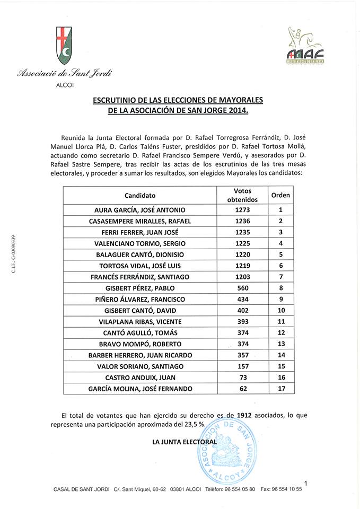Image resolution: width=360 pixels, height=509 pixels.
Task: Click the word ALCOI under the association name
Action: (65, 84)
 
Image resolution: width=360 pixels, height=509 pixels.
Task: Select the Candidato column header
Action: (140, 195)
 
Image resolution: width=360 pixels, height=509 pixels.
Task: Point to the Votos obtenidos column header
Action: (242, 195)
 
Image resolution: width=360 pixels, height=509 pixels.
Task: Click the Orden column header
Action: (280, 195)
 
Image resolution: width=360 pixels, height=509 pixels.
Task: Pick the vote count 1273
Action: (242, 210)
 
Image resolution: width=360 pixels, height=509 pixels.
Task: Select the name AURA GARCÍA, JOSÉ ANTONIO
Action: (140, 210)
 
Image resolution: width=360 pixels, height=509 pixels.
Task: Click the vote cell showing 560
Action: (242, 288)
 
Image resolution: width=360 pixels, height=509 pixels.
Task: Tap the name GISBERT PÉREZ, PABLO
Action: (140, 288)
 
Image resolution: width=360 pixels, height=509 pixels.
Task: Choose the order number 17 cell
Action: (280, 389)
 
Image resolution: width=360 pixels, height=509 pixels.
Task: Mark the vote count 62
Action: (242, 389)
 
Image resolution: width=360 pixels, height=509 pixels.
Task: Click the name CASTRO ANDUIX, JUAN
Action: (140, 378)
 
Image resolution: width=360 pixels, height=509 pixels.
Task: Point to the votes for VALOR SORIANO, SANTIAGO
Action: (242, 366)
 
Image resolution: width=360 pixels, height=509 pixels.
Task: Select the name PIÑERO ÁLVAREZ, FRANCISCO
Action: (140, 299)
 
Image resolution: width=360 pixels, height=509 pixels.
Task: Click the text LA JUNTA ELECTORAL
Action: (185, 442)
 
